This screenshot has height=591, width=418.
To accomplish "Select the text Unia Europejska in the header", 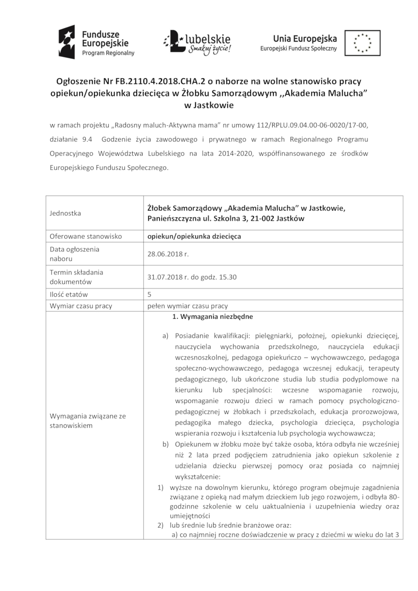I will (305, 38).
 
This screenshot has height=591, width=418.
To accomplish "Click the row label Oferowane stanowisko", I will (86, 236).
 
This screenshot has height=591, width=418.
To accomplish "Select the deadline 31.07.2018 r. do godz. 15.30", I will (192, 277).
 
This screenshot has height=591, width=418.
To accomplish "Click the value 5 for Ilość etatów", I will (150, 294).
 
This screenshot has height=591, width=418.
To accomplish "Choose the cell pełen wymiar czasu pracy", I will (191, 306).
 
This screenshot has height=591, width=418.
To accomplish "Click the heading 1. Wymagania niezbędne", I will (212, 317).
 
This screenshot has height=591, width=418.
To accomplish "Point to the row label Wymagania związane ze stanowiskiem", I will (87, 421).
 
